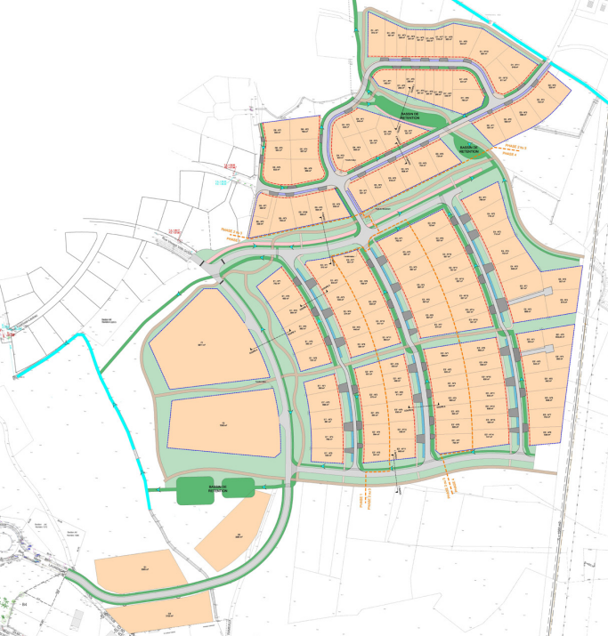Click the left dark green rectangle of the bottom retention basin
194,491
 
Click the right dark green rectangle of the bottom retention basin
239,487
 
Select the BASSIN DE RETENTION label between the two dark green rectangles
216,488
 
